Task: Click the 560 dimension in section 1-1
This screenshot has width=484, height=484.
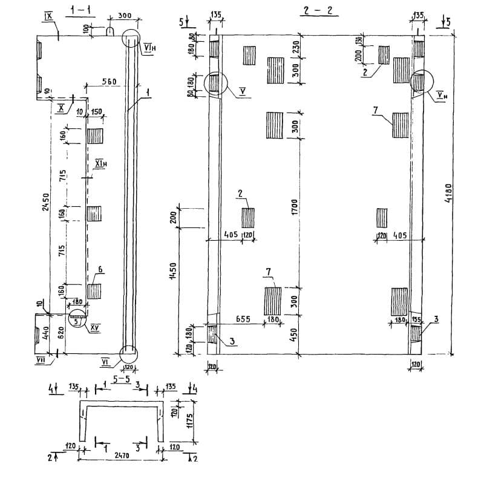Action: pos(108,82)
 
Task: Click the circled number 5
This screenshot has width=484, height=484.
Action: pos(76,322)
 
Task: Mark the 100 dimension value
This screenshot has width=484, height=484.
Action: pos(85,28)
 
